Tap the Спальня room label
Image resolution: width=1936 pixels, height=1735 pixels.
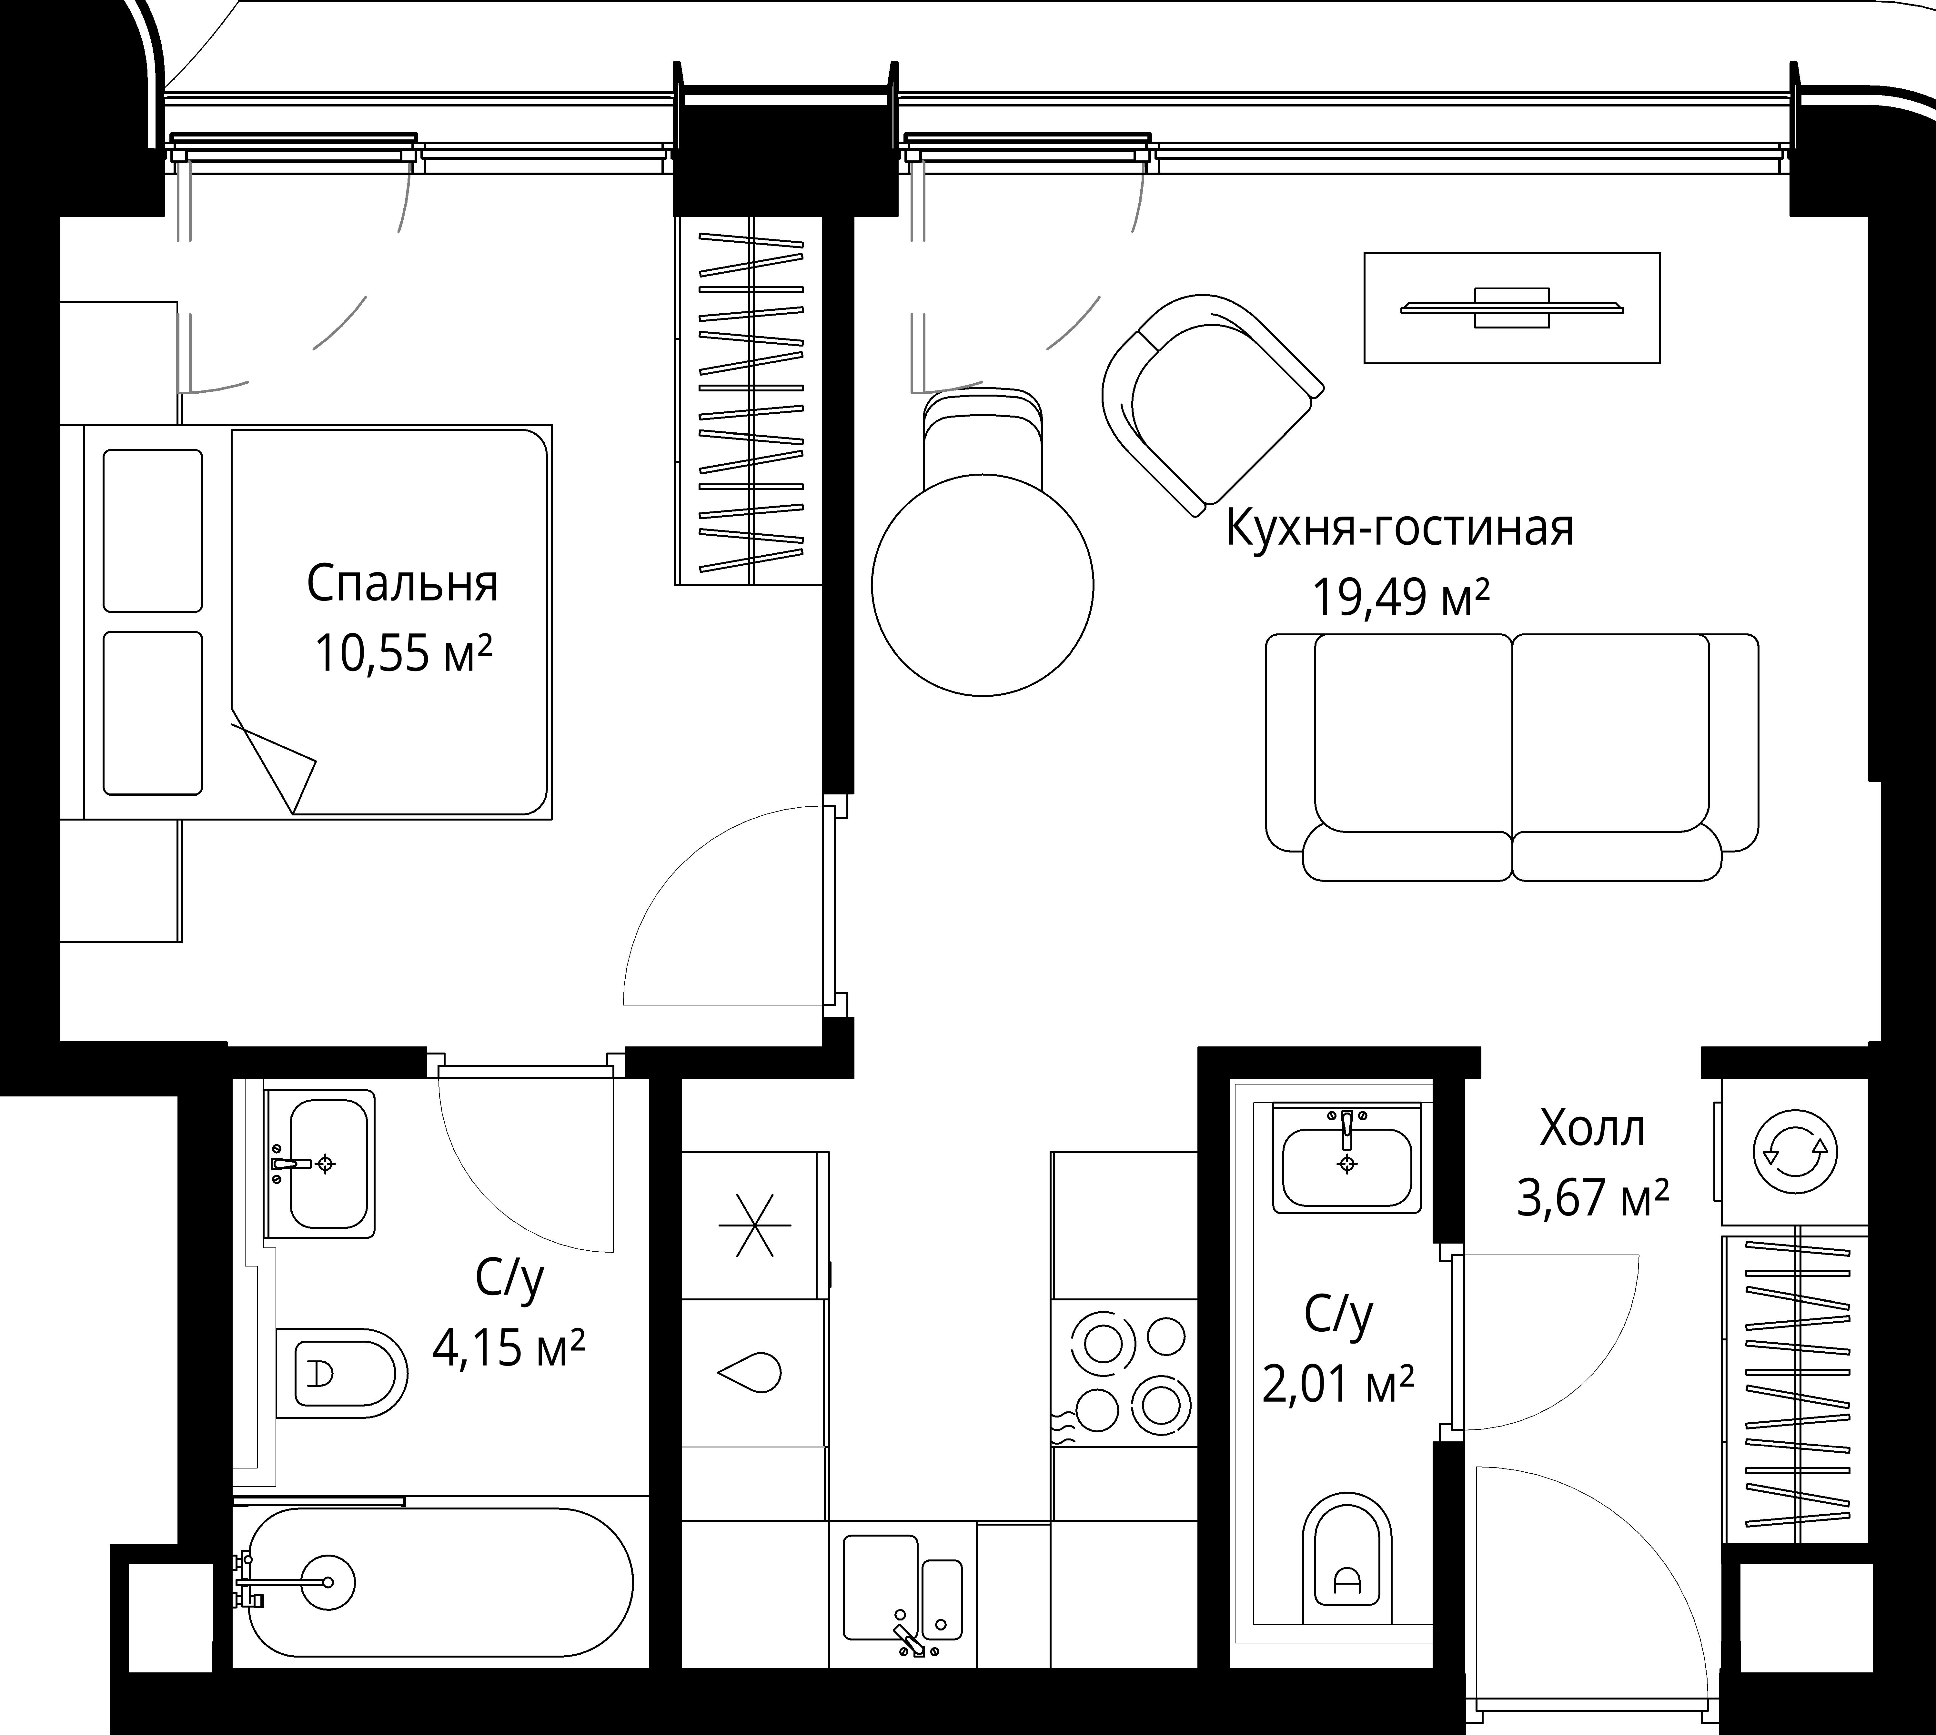pos(402,584)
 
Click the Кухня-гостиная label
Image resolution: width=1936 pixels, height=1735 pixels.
pos(1399,529)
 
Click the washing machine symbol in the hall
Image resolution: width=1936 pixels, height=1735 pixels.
pos(1795,1152)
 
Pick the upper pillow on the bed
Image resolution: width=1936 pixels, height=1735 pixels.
pos(153,530)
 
